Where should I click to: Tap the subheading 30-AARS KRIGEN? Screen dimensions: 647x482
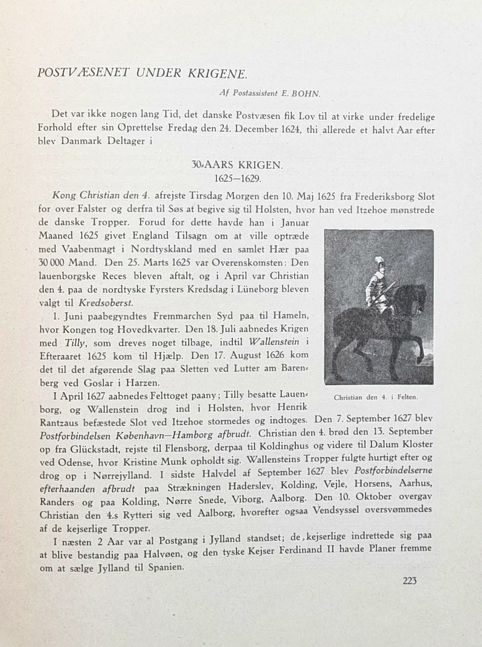coord(237,164)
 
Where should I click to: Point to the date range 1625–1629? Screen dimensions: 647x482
coord(238,178)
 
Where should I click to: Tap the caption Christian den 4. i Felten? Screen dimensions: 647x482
coord(376,397)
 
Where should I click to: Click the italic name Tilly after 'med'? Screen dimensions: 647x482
coord(75,343)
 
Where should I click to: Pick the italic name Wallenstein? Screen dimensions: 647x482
coord(274,342)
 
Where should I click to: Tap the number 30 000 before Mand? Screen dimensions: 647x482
coord(51,262)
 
